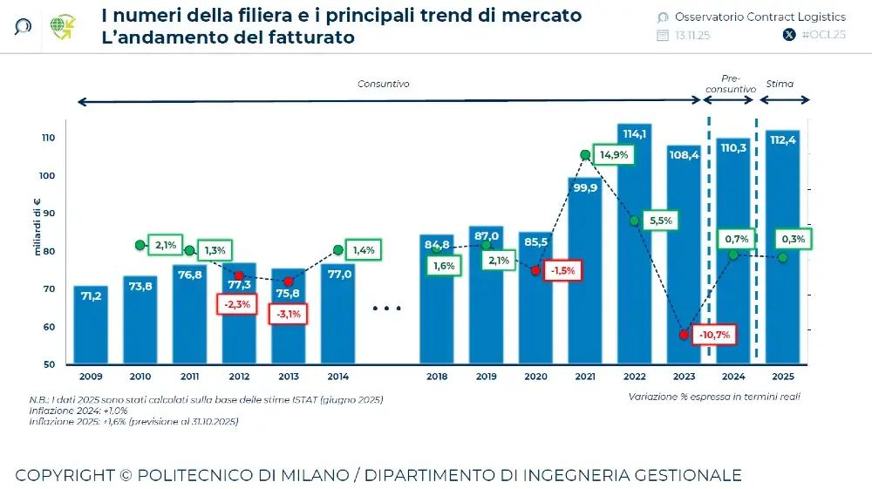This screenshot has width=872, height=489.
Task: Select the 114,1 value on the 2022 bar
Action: (x=634, y=133)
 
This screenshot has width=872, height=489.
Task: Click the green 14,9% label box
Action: (x=614, y=154)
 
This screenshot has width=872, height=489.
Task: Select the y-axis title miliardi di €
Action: (x=38, y=228)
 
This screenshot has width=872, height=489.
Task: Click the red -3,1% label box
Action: (x=289, y=313)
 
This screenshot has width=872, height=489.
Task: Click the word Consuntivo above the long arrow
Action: (x=383, y=84)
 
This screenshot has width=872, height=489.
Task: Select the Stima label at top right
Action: (x=780, y=84)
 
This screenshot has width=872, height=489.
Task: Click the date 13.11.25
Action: (x=692, y=35)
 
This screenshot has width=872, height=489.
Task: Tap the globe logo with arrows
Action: (x=63, y=27)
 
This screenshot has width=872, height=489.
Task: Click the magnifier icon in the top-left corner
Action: (x=24, y=27)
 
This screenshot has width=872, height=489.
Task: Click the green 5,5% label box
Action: (x=661, y=221)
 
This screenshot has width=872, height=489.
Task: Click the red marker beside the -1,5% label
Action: (x=535, y=271)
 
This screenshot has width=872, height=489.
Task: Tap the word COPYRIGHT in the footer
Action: (x=65, y=475)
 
